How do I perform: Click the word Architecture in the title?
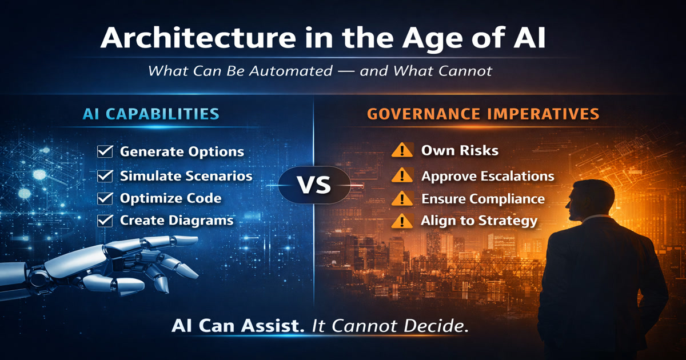pos(198,38)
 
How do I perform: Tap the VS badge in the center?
pos(314,185)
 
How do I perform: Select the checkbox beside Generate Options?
pos(105,151)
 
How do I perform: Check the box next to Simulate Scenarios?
pos(105,176)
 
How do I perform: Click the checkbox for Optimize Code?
pos(105,198)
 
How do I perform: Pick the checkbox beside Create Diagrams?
pos(105,221)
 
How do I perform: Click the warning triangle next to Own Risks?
pos(402,150)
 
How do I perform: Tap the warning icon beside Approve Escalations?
pos(402,176)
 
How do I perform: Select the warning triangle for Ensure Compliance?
pos(402,198)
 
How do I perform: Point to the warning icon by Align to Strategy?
pos(402,221)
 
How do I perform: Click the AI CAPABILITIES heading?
pos(151,114)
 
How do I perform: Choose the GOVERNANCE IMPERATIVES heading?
pos(483,114)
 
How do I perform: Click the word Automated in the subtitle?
pos(290,71)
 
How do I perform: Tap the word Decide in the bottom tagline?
pos(436,326)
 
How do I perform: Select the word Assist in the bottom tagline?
pos(273,326)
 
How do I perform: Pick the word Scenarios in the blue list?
pos(219,176)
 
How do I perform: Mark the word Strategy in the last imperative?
pos(508,221)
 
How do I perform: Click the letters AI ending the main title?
pos(529,38)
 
